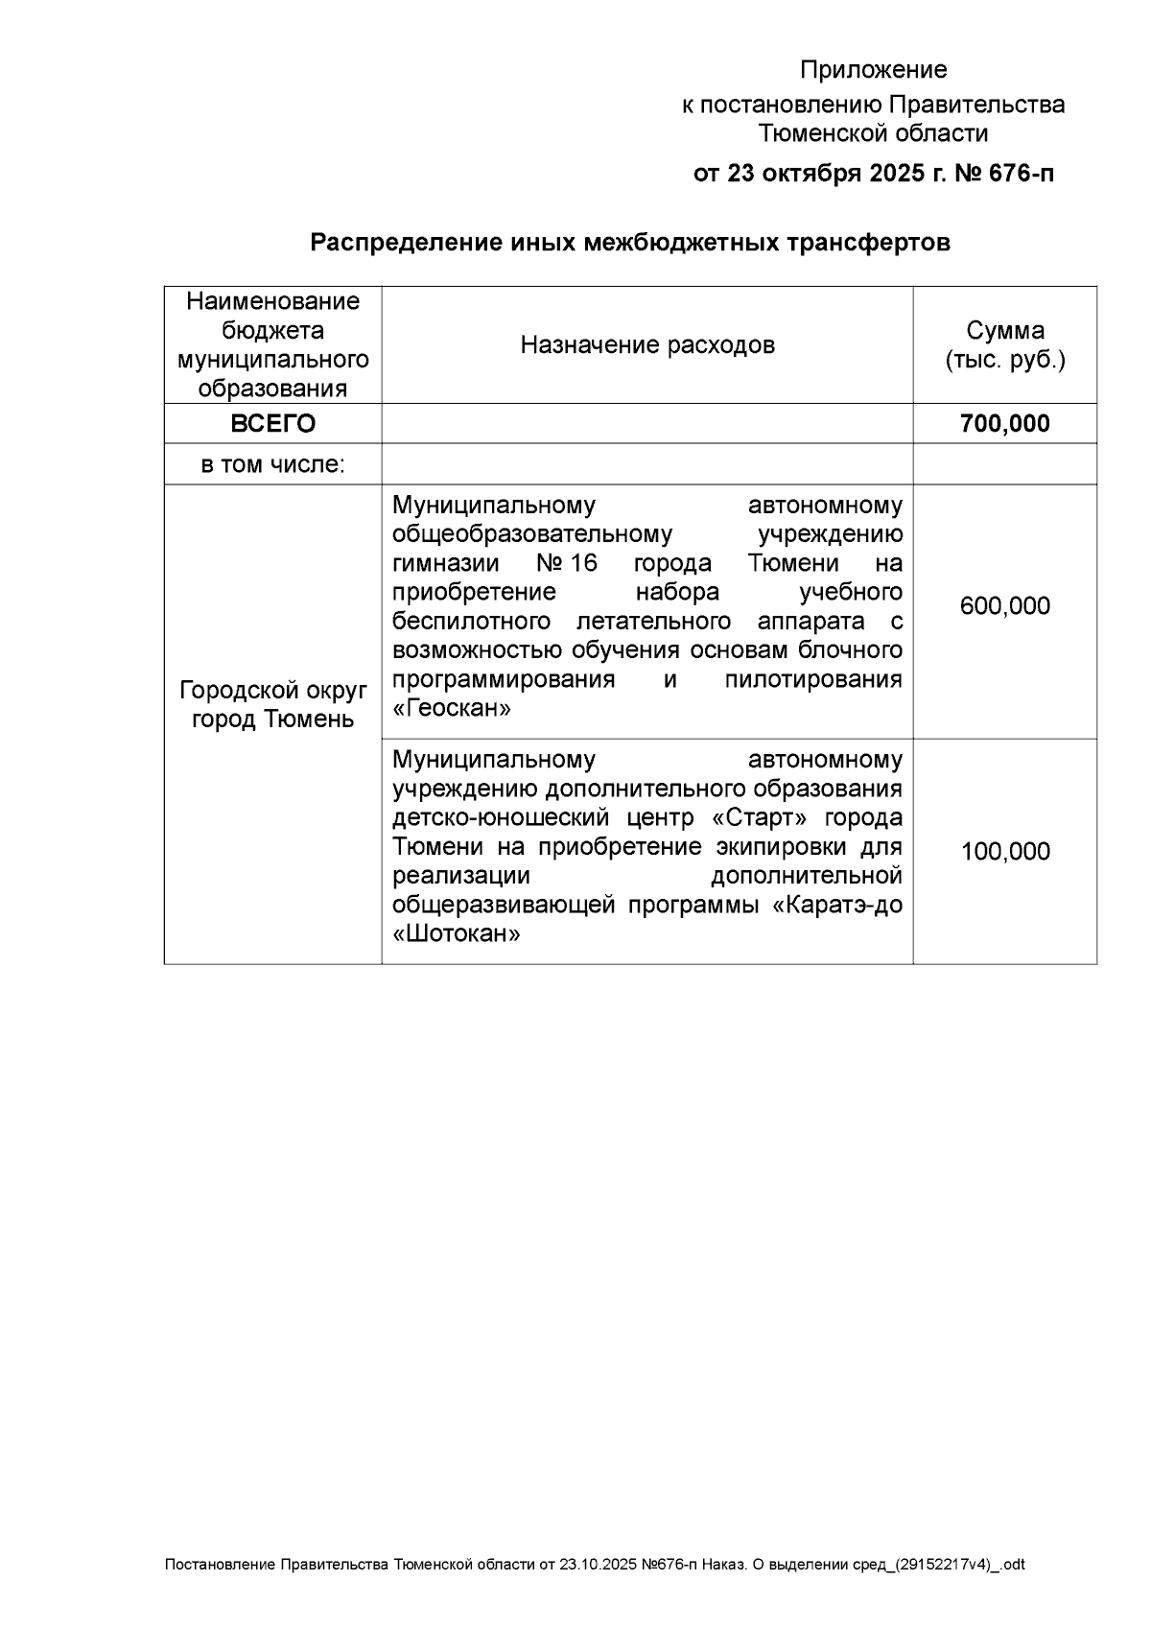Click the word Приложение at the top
tap(873, 70)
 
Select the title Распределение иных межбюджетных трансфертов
tap(629, 243)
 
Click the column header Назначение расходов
tap(647, 345)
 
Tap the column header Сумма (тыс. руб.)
tap(1004, 345)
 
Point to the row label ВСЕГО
tap(273, 424)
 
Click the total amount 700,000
tap(1004, 424)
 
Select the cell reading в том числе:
tap(273, 465)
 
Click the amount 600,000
tap(1004, 606)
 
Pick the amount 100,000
tap(1004, 852)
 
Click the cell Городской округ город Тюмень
tap(273, 705)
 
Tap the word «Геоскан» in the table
tap(452, 709)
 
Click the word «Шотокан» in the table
tap(457, 934)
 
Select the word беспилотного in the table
tap(471, 622)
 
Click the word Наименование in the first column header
tap(273, 302)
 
